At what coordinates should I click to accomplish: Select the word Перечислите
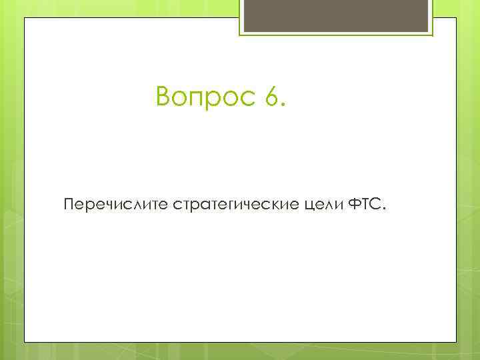click(x=116, y=203)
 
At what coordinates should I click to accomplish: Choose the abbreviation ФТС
click(x=364, y=203)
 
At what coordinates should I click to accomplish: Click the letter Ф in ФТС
click(x=355, y=203)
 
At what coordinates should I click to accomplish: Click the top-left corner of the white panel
click(x=25, y=19)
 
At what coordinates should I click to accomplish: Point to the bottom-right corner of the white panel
click(x=456, y=343)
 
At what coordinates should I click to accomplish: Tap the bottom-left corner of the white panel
click(x=25, y=343)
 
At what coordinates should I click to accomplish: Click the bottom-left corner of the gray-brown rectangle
click(x=243, y=31)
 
